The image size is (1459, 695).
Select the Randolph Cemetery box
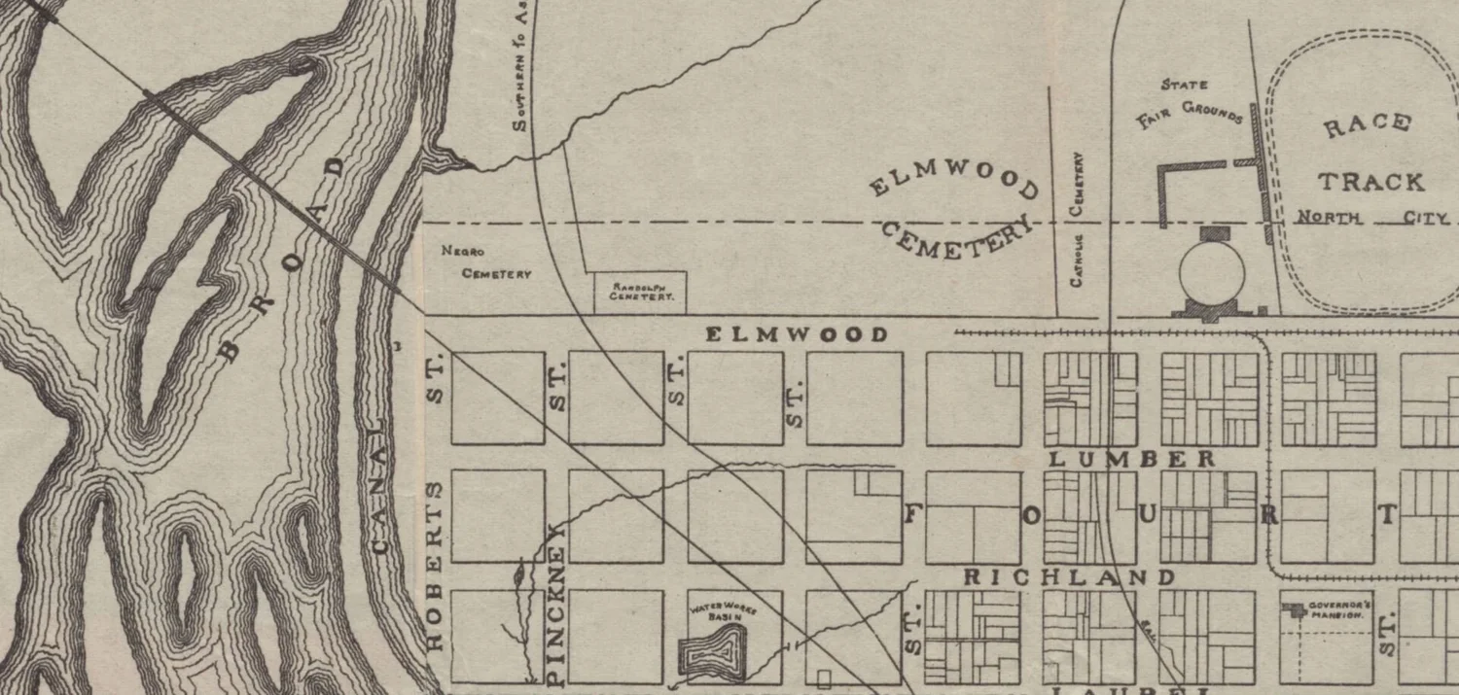click(641, 293)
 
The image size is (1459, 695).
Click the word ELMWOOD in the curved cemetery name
click(954, 179)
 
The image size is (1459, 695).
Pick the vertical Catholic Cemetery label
click(1077, 218)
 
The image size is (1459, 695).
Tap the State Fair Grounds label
click(1189, 103)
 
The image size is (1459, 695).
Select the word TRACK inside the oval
click(1370, 182)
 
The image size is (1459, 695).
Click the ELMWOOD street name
click(796, 335)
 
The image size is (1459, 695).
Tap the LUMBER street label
click(1133, 459)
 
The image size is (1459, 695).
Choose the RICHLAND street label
click(1069, 577)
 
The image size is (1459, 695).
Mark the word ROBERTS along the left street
click(435, 565)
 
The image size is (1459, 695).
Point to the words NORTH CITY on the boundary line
click(1372, 218)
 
